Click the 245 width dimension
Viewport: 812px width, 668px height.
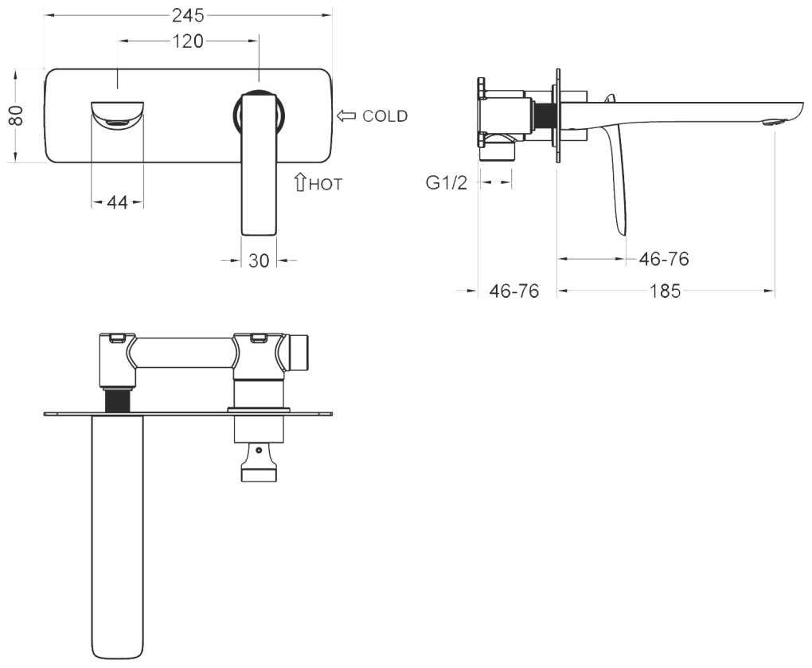coord(188,16)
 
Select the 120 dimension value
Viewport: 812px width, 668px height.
coord(187,41)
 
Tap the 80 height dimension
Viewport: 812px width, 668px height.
coord(16,115)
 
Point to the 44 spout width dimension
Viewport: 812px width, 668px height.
coord(118,202)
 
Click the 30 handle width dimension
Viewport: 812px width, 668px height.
coord(259,260)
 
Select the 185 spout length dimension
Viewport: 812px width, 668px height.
coord(665,291)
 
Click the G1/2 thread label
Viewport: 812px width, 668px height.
coord(447,182)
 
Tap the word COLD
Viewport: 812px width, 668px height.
coord(385,116)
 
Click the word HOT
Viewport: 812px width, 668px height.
coord(326,185)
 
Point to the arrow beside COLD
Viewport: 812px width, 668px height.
coord(346,116)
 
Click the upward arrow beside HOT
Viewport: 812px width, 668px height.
coord(300,182)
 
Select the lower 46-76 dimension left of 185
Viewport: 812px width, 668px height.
coord(513,291)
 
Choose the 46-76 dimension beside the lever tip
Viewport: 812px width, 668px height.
coord(664,259)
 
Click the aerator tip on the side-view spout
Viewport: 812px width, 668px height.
coord(774,123)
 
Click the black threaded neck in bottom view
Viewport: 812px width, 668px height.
coord(117,400)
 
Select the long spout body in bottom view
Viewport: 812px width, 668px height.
coord(117,536)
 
